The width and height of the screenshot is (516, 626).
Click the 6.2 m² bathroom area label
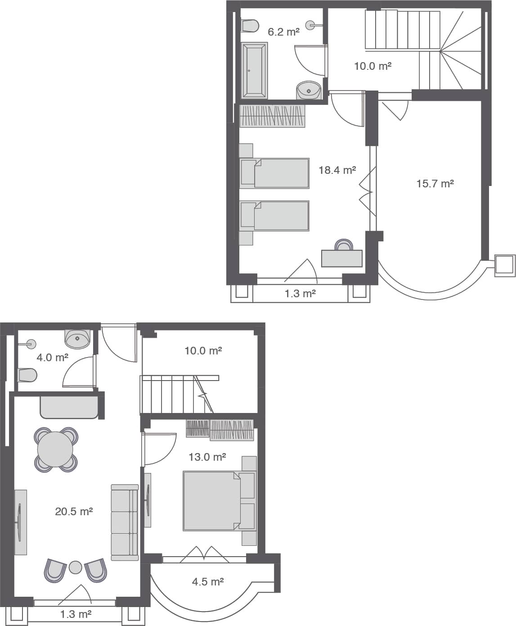283,32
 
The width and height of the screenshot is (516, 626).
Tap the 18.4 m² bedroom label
337,170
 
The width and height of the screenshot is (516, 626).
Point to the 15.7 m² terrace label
435,183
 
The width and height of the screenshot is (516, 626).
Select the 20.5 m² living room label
74,511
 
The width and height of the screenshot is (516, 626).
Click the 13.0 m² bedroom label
207,457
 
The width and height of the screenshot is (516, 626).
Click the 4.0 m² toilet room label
52,357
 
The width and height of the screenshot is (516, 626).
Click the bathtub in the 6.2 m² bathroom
254,70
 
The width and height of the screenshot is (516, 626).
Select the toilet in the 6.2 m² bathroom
250,26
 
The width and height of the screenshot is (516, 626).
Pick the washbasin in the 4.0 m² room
77,339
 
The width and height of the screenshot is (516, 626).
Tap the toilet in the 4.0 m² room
27,375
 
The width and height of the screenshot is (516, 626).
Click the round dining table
55,449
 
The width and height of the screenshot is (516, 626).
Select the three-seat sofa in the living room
125,522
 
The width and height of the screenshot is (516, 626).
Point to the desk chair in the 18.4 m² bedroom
344,245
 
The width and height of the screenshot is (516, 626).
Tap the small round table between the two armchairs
75,567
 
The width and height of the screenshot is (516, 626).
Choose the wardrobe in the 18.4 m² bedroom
272,116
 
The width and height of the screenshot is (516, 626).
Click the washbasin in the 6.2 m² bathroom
309,90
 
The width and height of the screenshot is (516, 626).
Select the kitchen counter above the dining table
69,407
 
